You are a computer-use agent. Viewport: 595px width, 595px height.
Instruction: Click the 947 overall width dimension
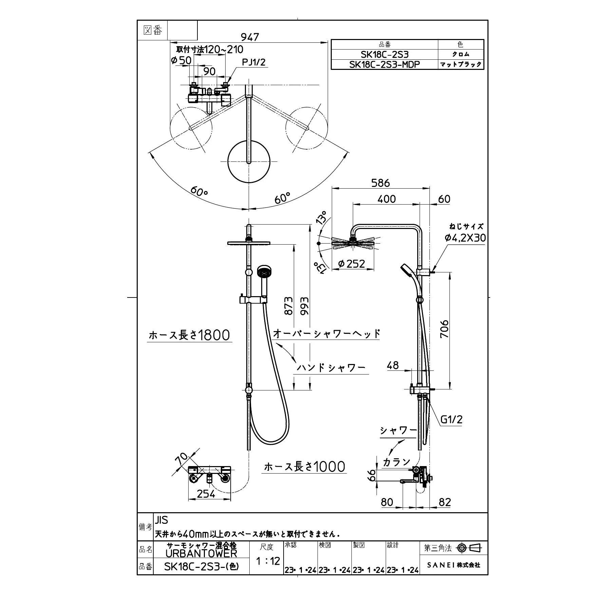click(x=249, y=37)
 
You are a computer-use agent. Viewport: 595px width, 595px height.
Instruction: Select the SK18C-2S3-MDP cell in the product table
click(x=384, y=64)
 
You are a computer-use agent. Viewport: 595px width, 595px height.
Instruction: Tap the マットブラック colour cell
click(x=461, y=64)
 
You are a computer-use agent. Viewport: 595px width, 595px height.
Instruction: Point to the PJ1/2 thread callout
click(x=253, y=62)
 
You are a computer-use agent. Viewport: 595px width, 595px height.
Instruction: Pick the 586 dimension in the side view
click(x=380, y=183)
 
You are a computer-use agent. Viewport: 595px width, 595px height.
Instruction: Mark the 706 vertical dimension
click(x=444, y=329)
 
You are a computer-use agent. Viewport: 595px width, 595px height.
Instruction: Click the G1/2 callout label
click(x=451, y=420)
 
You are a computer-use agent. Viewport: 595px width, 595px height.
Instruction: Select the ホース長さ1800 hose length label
click(x=189, y=335)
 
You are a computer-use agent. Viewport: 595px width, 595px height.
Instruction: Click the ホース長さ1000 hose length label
click(x=305, y=467)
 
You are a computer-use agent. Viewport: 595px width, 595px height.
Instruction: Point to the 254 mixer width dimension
click(x=206, y=494)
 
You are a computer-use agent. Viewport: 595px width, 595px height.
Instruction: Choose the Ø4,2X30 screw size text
click(x=465, y=238)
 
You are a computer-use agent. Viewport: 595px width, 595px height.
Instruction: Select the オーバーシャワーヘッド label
click(x=326, y=334)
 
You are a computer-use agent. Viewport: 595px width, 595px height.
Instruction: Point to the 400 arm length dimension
click(x=386, y=199)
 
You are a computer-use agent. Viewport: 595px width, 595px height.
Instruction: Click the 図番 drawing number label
click(x=153, y=31)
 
